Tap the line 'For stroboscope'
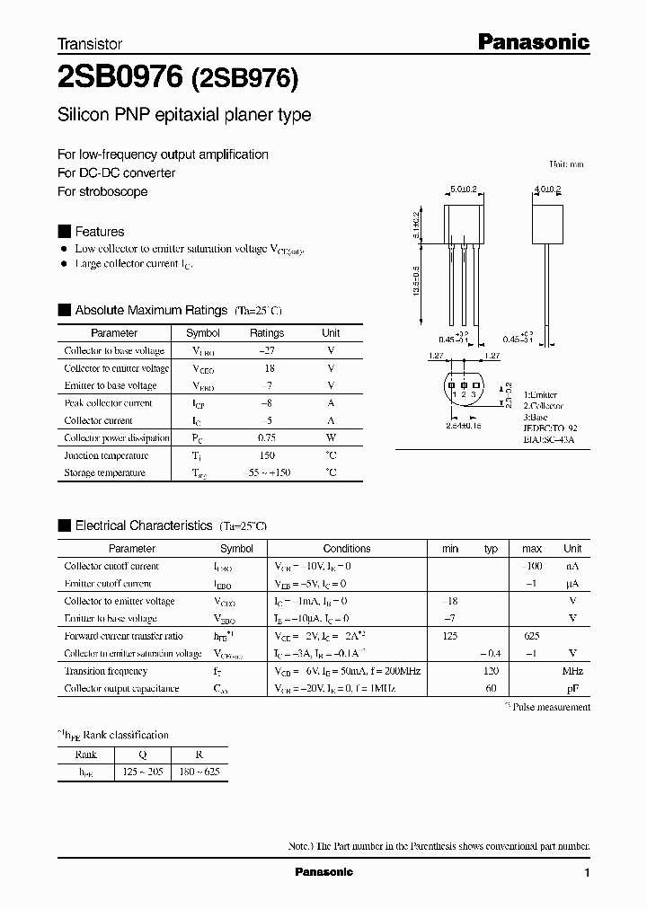click(102, 191)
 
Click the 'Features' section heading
click(99, 231)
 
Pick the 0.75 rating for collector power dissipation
click(266, 438)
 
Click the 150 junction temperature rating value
click(266, 455)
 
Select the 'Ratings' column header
click(266, 333)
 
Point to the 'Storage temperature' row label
click(104, 473)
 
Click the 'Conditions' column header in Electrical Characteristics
click(347, 549)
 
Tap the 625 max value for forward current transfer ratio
click(531, 636)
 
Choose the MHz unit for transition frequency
click(572, 671)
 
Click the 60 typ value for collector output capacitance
click(491, 689)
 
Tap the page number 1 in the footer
click(587, 873)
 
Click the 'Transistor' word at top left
click(90, 43)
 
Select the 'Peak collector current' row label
click(109, 403)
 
